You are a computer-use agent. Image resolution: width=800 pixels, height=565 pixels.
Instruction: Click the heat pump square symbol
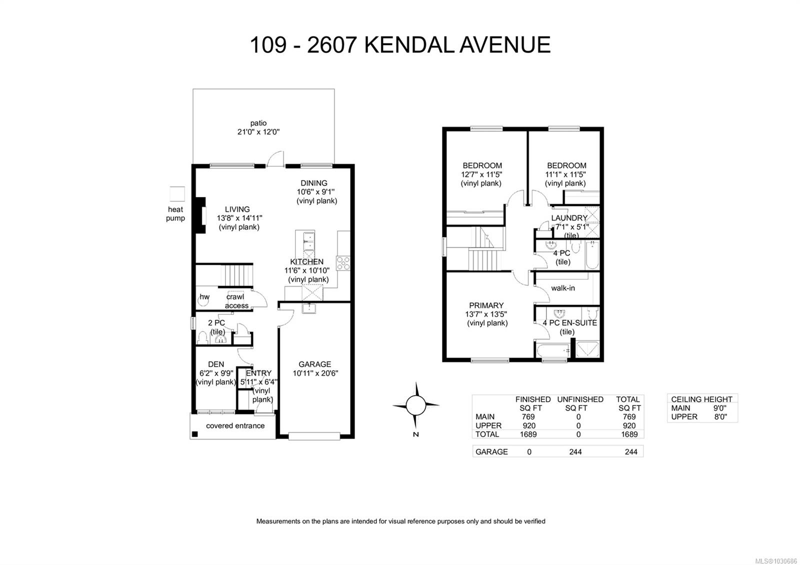(177, 194)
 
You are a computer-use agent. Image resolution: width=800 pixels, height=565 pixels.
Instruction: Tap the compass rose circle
(415, 405)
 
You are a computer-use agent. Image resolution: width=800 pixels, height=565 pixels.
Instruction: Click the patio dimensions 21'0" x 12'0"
(258, 132)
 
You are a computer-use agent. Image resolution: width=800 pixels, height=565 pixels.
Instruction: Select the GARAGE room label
(314, 364)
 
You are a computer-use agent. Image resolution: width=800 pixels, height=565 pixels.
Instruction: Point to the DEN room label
(216, 364)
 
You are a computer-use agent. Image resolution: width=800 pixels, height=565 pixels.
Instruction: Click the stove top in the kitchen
(343, 263)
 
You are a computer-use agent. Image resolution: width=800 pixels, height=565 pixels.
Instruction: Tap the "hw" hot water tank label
(204, 297)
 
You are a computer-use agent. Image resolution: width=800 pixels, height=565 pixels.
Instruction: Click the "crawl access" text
(236, 301)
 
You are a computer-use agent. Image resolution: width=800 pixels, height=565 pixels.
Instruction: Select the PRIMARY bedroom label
(486, 305)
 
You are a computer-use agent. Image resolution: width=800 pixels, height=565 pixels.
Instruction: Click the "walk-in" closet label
(562, 288)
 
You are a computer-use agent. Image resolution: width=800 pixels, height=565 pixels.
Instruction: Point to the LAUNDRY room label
(569, 218)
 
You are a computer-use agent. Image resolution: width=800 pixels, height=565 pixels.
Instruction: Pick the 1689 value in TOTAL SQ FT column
(629, 434)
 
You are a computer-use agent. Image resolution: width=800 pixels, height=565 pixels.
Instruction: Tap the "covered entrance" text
(235, 426)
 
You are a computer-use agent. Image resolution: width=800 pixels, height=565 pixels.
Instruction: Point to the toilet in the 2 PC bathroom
(202, 338)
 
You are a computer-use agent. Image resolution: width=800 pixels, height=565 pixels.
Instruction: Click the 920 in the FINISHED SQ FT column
(528, 425)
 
